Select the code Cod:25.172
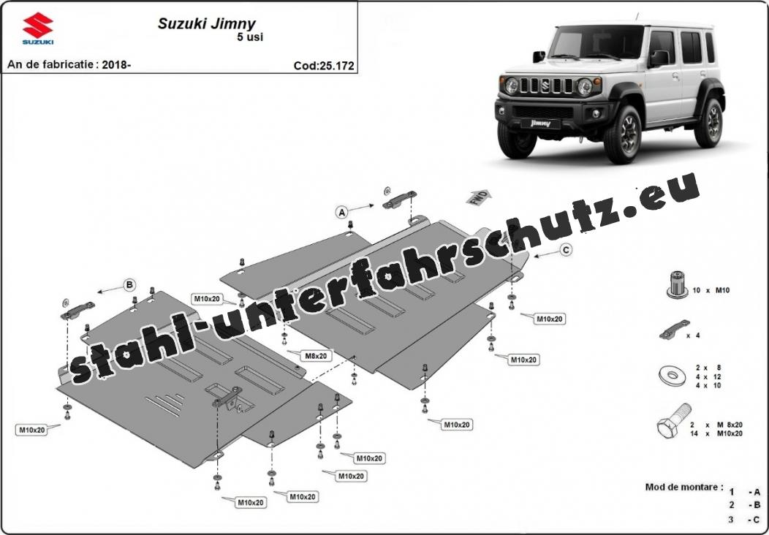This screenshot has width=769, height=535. coord(324,65)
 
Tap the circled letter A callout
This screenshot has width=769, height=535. coord(341,213)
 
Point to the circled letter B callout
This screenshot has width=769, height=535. coord(129,284)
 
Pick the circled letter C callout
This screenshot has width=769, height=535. coord(566,250)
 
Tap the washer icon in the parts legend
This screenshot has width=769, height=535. coord(669,376)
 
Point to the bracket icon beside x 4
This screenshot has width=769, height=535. coord(673,331)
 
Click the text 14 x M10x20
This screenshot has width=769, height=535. coord(716,433)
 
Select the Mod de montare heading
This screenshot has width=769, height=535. coord(683,487)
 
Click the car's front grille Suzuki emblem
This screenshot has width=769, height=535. coord(545,86)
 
